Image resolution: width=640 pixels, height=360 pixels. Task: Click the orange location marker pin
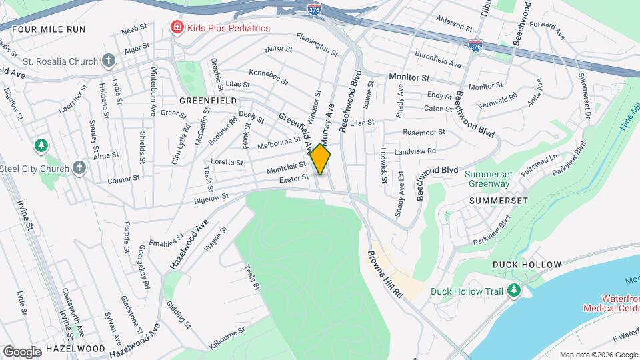pyautogui.click(x=321, y=159)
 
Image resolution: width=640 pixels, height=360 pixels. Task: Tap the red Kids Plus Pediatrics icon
pyautogui.click(x=177, y=28)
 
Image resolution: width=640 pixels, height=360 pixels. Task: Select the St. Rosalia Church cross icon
pyautogui.click(x=109, y=61)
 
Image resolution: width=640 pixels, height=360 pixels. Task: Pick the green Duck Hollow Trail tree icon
pyautogui.click(x=513, y=291)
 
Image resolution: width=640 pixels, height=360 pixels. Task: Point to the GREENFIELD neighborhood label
pyautogui.click(x=208, y=100)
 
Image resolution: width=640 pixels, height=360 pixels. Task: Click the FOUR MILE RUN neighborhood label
pyautogui.click(x=49, y=29)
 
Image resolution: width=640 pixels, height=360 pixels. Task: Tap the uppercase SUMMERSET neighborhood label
pyautogui.click(x=498, y=200)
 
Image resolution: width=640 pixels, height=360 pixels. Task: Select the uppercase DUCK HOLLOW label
pyautogui.click(x=527, y=265)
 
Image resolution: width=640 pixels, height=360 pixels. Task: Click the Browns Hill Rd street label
pyautogui.click(x=386, y=274)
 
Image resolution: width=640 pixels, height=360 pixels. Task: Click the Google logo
pyautogui.click(x=22, y=351)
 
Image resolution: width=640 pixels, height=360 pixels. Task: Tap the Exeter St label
pyautogui.click(x=294, y=178)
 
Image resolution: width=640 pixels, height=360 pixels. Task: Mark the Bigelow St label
pyautogui.click(x=211, y=196)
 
